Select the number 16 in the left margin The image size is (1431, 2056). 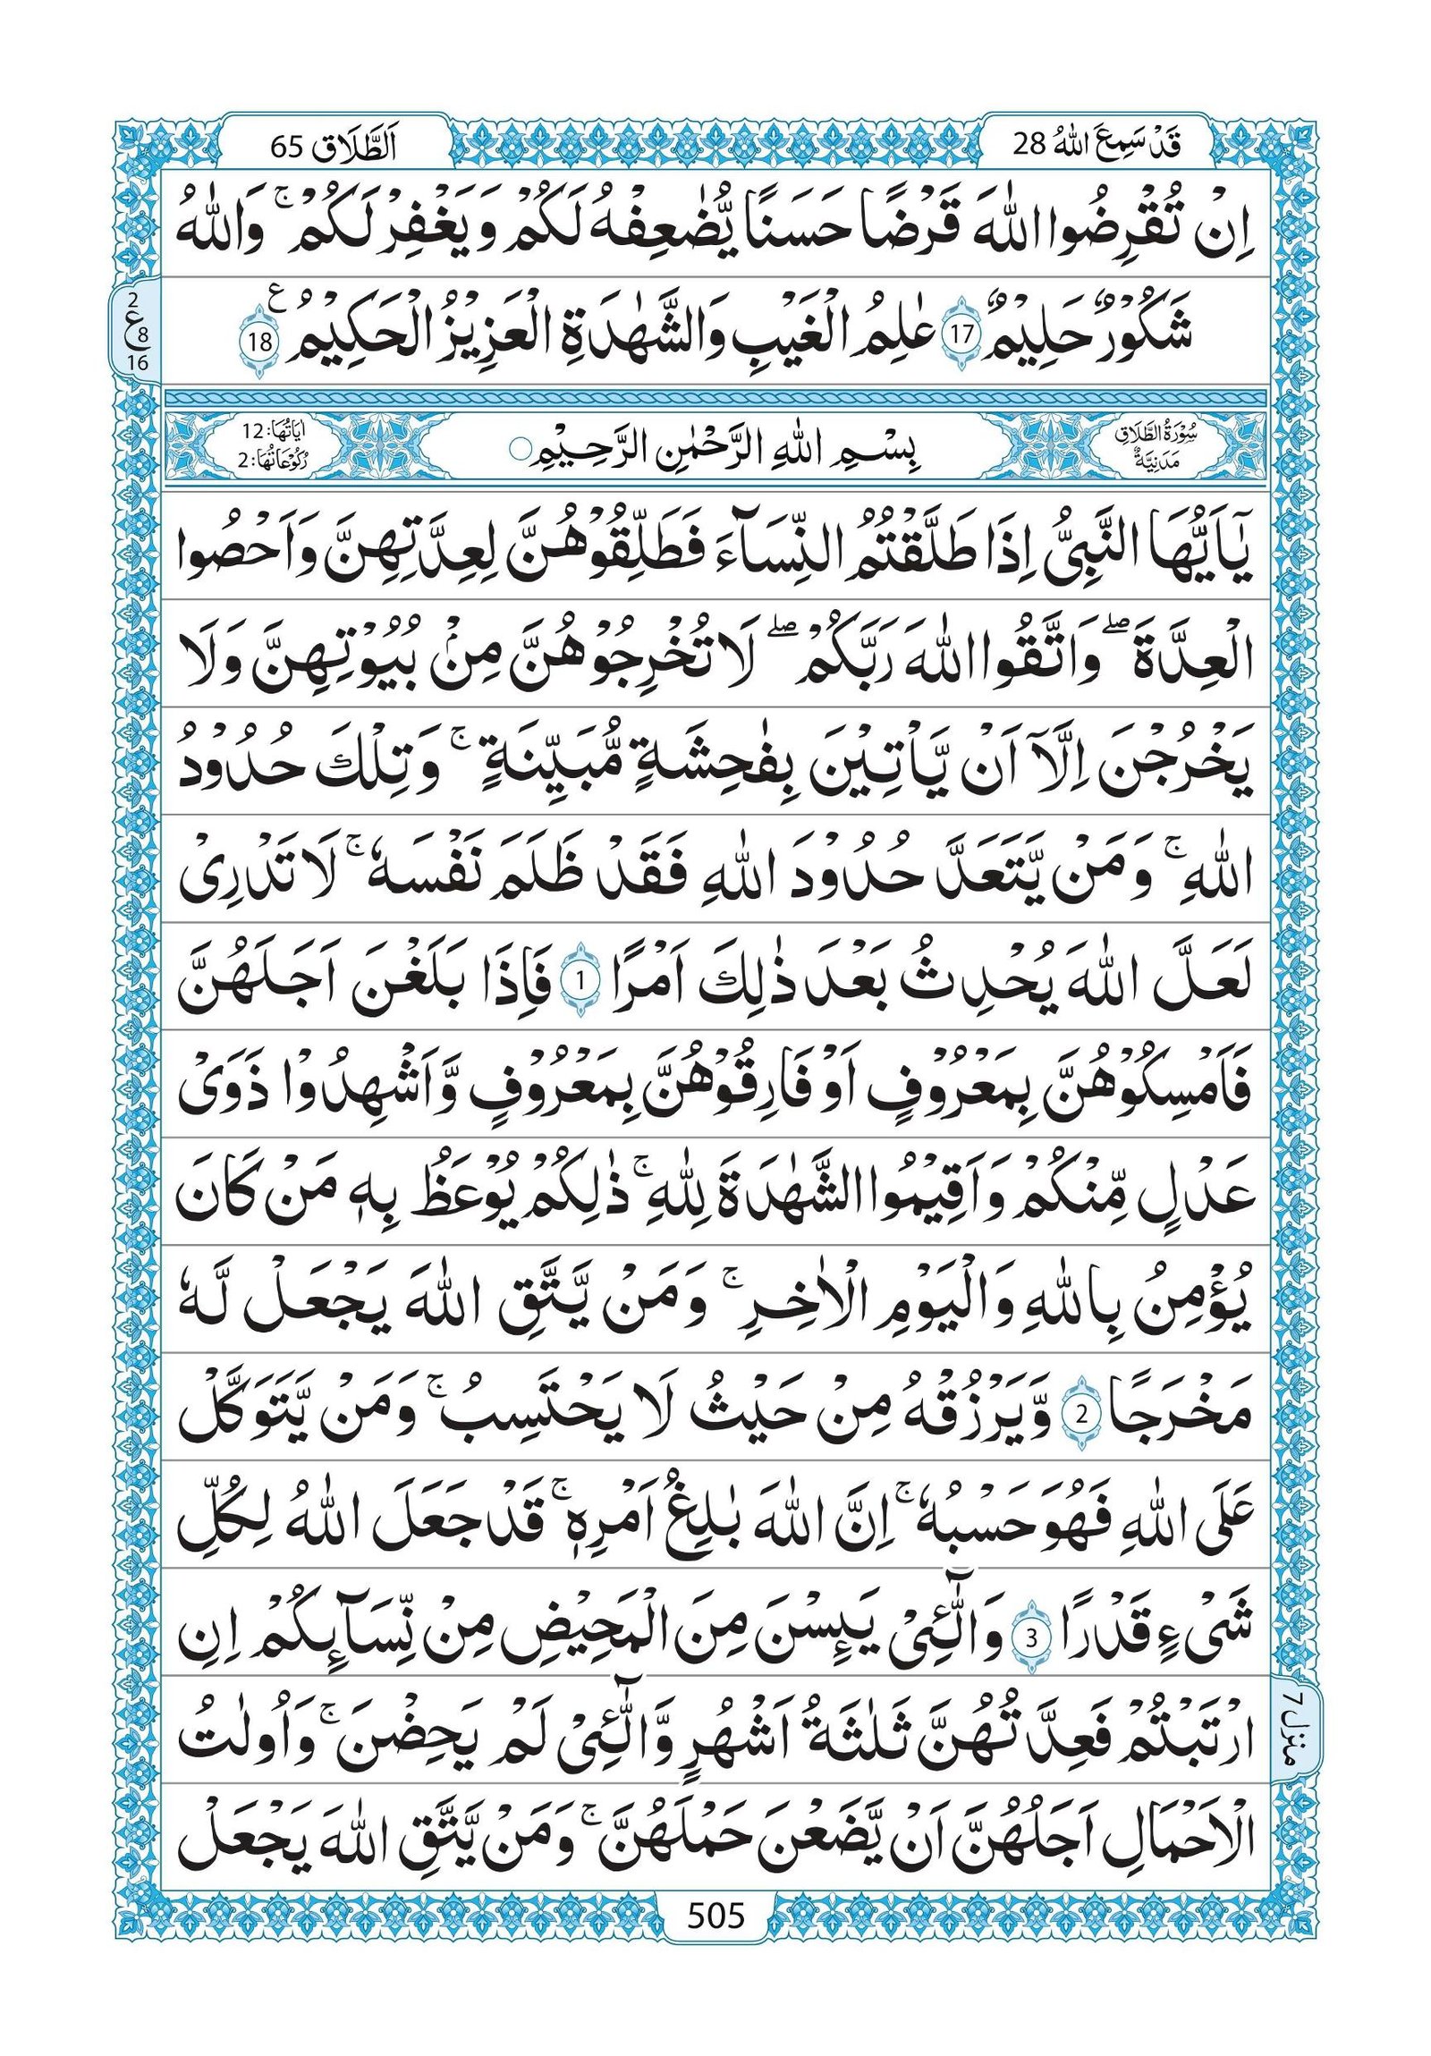pos(139,363)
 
